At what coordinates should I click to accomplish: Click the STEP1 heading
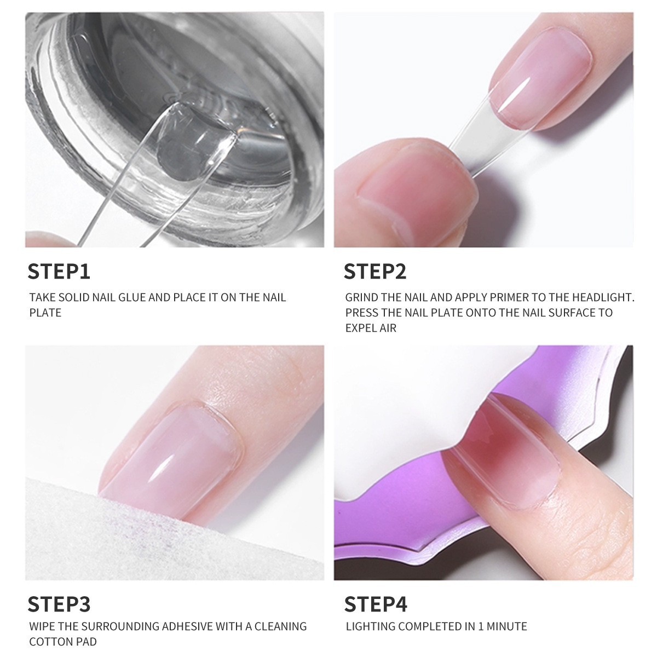59,272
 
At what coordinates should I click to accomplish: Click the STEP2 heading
375,272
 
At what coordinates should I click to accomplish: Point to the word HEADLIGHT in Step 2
603,297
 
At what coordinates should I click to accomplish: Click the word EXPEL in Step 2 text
359,328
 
